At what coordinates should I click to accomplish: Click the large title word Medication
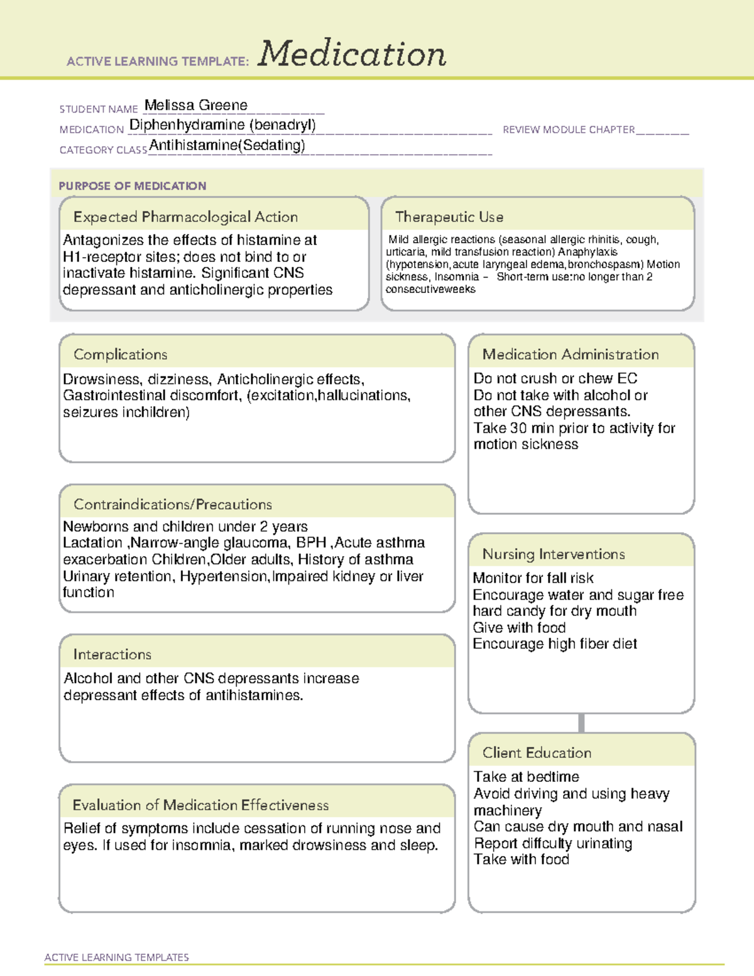tap(352, 54)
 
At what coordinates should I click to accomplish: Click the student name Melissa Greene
tap(196, 106)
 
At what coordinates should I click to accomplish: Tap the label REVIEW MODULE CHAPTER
tap(569, 129)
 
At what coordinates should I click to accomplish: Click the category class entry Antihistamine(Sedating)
tap(227, 146)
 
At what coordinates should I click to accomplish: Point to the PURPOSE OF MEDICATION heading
tap(133, 186)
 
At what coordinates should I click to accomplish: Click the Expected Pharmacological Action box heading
tap(185, 217)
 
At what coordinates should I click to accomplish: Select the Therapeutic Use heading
tap(449, 217)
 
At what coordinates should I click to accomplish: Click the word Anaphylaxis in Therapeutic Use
tap(587, 252)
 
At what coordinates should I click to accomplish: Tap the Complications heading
tap(121, 354)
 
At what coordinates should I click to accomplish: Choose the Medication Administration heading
tap(571, 354)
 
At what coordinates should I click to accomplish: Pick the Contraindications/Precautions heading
tap(173, 505)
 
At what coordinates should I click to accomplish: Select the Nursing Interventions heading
tap(554, 554)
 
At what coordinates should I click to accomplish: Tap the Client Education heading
tap(537, 753)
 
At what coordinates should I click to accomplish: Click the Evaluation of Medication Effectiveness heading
tap(200, 805)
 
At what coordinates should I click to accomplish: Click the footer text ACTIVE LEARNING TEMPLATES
tap(117, 957)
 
